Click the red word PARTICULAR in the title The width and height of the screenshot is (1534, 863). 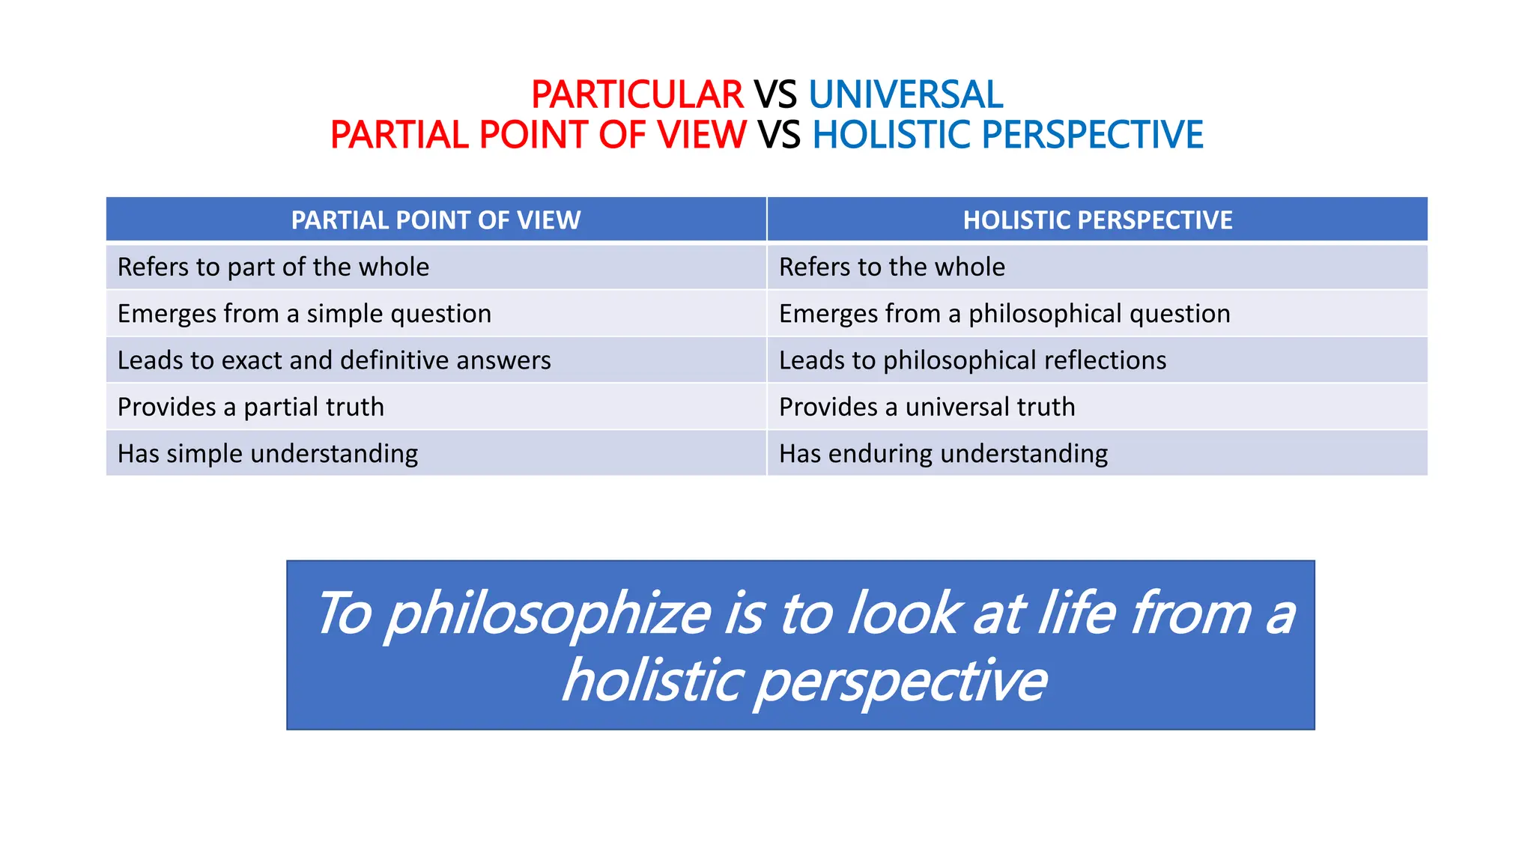point(637,95)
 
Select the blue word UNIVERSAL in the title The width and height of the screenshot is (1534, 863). point(905,95)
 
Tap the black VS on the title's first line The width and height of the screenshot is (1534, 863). point(775,95)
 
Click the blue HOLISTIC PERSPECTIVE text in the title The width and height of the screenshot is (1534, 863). point(1007,136)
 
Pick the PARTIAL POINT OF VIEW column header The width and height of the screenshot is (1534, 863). point(435,220)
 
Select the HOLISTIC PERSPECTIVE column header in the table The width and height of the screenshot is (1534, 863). point(1097,220)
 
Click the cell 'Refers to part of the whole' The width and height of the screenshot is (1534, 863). point(273,267)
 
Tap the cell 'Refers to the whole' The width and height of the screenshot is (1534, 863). point(891,267)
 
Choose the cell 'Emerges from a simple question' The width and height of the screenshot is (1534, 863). point(304,314)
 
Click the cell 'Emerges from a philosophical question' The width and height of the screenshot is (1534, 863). point(1004,314)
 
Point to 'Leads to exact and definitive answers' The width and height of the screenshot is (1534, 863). point(334,360)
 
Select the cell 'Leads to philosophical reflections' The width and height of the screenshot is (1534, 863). point(972,360)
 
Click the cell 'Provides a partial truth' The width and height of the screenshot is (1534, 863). point(251,407)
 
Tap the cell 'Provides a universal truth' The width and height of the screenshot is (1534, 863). point(927,407)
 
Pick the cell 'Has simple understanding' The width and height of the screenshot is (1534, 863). point(267,454)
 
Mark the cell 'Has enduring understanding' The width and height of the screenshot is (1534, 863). point(943,454)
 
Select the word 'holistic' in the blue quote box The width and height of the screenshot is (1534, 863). point(652,680)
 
